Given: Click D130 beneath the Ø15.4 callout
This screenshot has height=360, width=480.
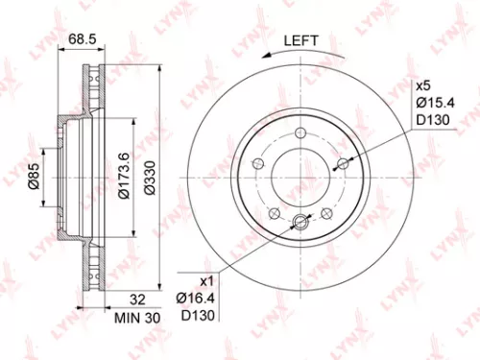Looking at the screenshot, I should [433, 121].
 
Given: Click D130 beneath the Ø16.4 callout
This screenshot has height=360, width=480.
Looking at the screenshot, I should [197, 317].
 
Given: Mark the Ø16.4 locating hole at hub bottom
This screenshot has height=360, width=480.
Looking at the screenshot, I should [300, 224].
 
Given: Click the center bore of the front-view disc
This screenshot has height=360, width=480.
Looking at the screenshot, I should [300, 179].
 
